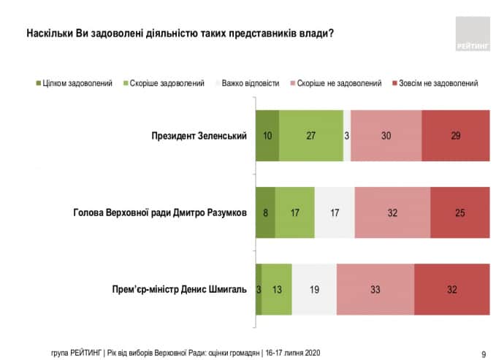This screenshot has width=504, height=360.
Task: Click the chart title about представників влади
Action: pos(180,34)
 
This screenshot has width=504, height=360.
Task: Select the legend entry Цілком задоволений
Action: pos(72,83)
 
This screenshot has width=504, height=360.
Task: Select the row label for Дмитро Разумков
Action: pos(160,212)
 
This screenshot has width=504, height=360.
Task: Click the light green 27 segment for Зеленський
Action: pos(310,136)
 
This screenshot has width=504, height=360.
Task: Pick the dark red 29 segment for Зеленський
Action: pos(455,136)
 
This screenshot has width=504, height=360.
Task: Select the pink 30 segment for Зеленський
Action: pos(386,136)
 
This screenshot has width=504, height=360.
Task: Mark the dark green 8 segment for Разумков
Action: pos(265,212)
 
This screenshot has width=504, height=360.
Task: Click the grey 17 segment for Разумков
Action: pos(335,212)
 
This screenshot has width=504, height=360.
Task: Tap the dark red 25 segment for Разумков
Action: pos(459,212)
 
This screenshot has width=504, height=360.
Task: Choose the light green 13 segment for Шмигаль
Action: pos(276,289)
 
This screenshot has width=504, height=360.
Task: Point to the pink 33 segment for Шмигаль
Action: pos(375,289)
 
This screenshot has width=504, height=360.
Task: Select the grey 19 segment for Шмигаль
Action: pos(314,289)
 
